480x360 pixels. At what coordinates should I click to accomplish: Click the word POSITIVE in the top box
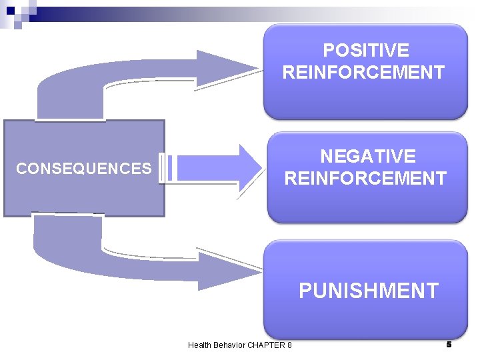[x=365, y=51]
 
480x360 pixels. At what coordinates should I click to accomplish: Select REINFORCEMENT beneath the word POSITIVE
[x=363, y=72]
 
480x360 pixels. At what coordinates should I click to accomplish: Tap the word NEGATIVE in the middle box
[x=367, y=157]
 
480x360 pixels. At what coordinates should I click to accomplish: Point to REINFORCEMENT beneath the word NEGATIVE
[x=365, y=179]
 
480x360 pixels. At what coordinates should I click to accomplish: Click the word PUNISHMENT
[x=368, y=291]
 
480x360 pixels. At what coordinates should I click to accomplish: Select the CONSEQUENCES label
[x=84, y=169]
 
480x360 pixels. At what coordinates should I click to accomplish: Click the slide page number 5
[x=449, y=344]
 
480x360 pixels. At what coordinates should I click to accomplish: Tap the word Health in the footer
[x=199, y=345]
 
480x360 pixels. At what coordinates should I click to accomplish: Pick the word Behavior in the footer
[x=229, y=345]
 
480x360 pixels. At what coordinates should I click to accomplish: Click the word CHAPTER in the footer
[x=267, y=345]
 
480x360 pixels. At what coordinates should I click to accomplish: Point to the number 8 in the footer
[x=289, y=345]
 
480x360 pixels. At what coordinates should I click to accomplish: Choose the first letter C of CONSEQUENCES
[x=21, y=169]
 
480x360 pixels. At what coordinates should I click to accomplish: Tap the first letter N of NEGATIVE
[x=327, y=157]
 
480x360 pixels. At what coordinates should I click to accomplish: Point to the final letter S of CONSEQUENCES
[x=147, y=169]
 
